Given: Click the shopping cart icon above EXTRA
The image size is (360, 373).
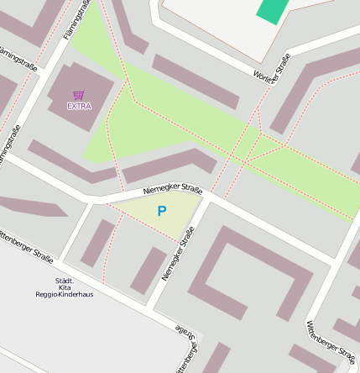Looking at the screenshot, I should point(79,95).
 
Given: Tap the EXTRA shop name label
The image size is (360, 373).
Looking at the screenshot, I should point(79,106).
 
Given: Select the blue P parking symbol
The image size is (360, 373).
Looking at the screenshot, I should point(161,212).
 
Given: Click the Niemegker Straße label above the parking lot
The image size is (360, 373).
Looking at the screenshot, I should point(173,191).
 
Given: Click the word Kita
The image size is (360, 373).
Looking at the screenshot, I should point(65,287).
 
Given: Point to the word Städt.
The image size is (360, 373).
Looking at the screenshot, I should point(65,280).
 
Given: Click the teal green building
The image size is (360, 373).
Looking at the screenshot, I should point(272,10).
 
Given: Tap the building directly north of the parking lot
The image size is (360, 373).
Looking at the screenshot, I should point(168,166).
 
